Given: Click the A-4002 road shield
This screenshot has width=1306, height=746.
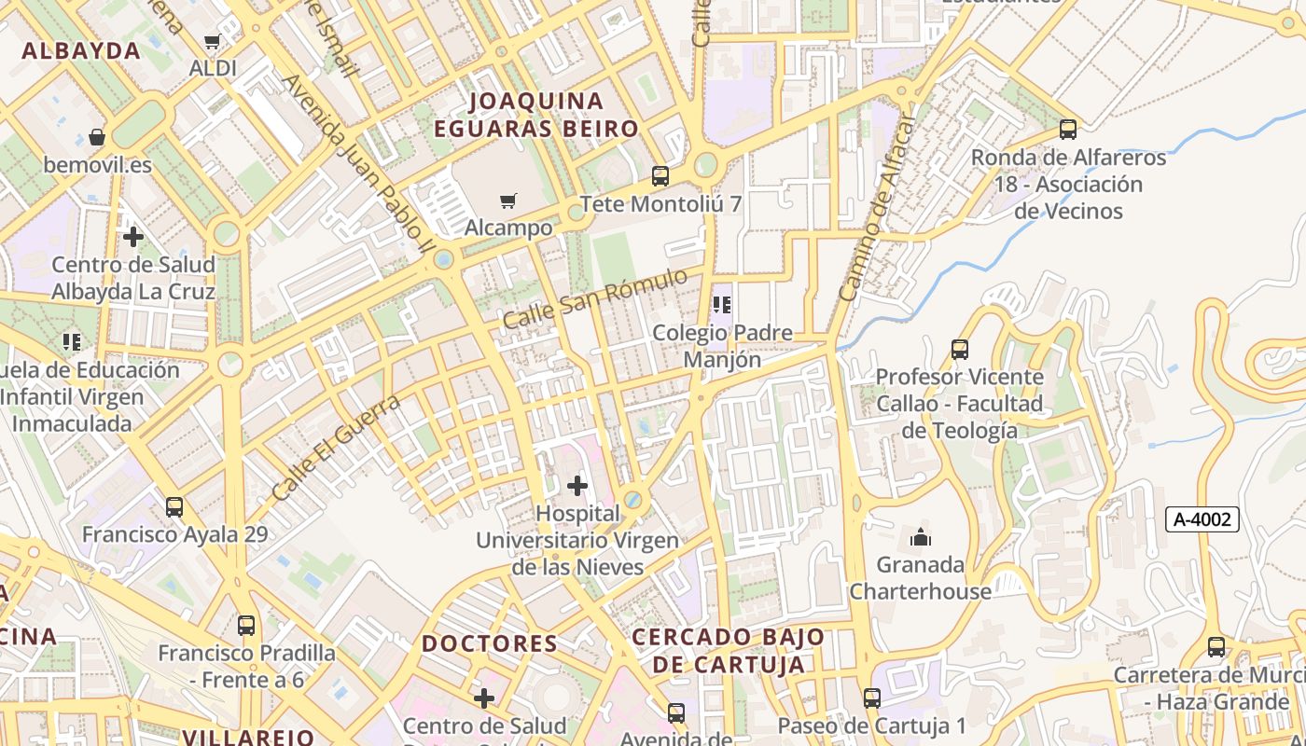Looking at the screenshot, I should (x=1202, y=519).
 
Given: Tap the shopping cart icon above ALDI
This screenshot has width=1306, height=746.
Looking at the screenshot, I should (x=212, y=41).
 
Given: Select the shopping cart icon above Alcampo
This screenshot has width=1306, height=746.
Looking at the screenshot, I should (x=508, y=200).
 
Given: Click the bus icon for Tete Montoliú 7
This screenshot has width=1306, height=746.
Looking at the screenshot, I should (x=660, y=175).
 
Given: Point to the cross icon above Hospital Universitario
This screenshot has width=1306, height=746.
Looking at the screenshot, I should (x=577, y=486).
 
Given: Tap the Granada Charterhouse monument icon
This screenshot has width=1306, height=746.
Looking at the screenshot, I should (x=921, y=537).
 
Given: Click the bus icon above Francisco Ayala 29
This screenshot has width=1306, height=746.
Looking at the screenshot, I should (x=174, y=507).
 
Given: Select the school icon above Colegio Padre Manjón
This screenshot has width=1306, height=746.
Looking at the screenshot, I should (x=721, y=305).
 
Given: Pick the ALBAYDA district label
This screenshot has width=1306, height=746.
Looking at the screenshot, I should (x=81, y=51).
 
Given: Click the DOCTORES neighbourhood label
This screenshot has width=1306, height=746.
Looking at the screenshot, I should (x=490, y=643).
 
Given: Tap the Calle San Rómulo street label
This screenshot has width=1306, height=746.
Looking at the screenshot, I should (x=595, y=297).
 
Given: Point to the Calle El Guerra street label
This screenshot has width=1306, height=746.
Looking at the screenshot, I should (x=337, y=447).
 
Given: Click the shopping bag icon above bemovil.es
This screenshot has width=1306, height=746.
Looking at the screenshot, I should (x=97, y=138).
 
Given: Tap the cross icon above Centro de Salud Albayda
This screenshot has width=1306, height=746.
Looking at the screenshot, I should (x=133, y=237).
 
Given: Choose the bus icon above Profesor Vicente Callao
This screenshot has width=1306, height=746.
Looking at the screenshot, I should (x=959, y=350).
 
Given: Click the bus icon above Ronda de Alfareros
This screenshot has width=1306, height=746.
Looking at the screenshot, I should (x=1068, y=130).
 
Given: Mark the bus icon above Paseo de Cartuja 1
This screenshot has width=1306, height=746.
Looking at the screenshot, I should (x=871, y=698).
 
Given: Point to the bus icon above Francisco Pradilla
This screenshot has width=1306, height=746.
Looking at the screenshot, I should (x=246, y=626).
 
